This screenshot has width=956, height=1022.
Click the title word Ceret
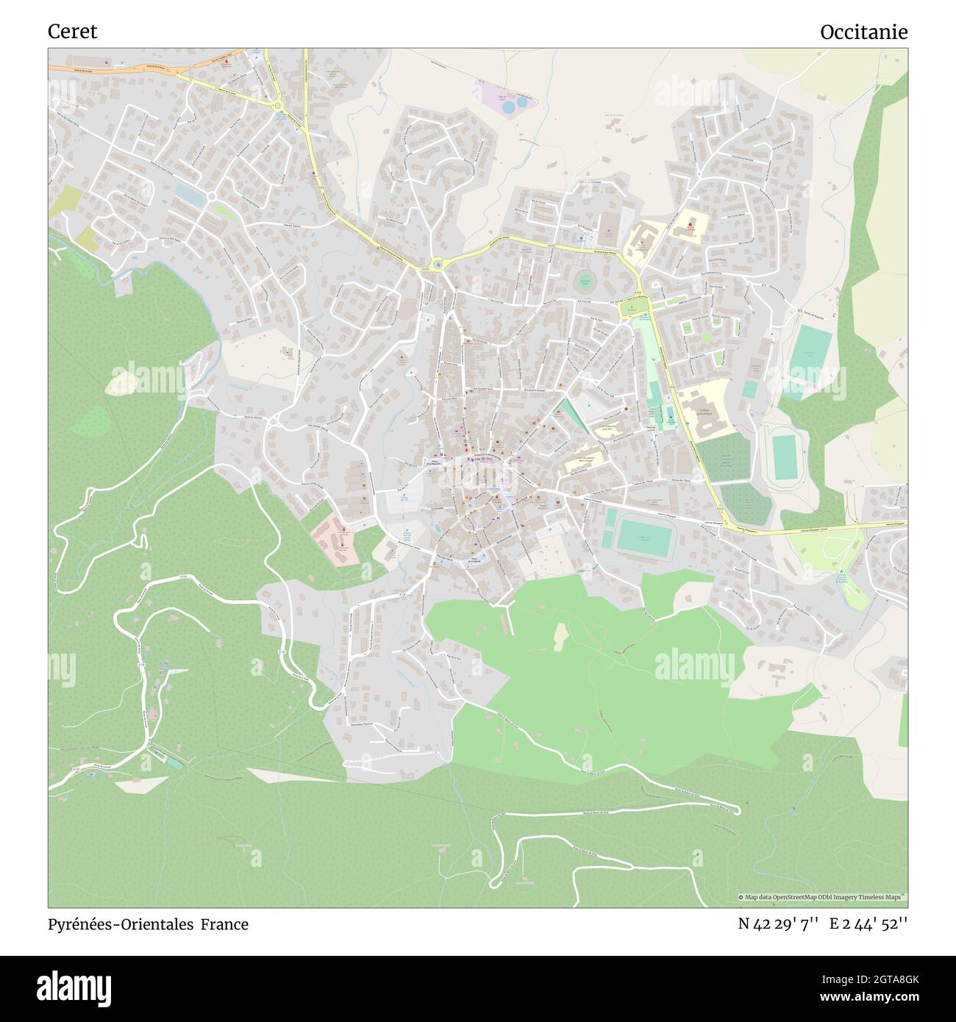(x=72, y=32)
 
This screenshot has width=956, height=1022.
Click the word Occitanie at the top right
(x=863, y=32)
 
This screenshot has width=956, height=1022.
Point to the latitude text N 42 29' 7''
(x=778, y=924)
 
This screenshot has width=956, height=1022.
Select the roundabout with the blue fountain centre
(x=438, y=263)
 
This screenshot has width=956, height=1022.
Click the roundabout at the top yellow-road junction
(x=278, y=107)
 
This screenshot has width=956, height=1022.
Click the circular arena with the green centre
(x=585, y=282)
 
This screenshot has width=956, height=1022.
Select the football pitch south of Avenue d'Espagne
(x=643, y=537)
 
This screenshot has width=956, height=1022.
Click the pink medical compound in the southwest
(x=335, y=541)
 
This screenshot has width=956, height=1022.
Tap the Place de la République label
(x=434, y=464)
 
